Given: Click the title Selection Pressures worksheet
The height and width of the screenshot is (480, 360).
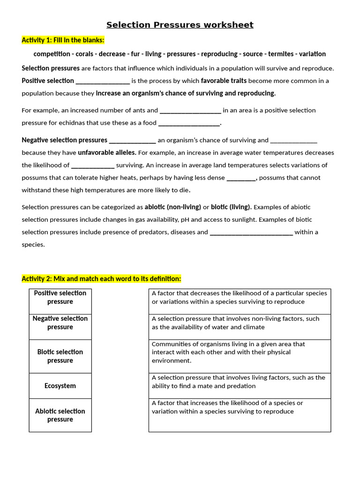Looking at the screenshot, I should (180, 25).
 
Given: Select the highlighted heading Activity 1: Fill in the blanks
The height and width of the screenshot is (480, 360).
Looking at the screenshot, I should (63, 40).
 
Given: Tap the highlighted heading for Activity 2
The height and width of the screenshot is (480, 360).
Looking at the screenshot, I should (101, 279).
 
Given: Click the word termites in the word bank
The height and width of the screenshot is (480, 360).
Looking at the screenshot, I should (280, 54).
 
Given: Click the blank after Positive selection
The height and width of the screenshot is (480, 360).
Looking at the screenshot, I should (103, 81).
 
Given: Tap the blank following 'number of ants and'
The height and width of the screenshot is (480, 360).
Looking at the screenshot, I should (190, 111).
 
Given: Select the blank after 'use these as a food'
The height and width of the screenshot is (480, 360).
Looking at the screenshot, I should (189, 123).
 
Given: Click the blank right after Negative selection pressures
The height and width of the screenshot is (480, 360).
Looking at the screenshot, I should (132, 140).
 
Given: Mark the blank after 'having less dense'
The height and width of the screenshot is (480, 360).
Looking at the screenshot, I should (241, 178).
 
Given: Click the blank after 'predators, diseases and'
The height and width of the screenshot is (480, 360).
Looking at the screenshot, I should (251, 232).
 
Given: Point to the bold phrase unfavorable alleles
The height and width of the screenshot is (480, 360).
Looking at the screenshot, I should (107, 153).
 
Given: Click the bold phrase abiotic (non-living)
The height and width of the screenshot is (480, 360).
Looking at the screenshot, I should (173, 207).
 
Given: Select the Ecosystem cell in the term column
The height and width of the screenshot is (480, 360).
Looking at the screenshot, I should (60, 386).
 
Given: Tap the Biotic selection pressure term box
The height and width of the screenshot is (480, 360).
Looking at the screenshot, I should (60, 356).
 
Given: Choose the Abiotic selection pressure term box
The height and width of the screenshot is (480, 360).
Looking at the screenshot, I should (60, 415).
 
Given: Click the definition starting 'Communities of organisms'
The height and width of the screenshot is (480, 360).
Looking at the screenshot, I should (240, 352).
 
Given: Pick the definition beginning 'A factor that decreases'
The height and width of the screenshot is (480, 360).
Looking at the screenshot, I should (240, 298).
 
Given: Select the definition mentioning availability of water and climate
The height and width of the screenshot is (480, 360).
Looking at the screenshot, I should (240, 323).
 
